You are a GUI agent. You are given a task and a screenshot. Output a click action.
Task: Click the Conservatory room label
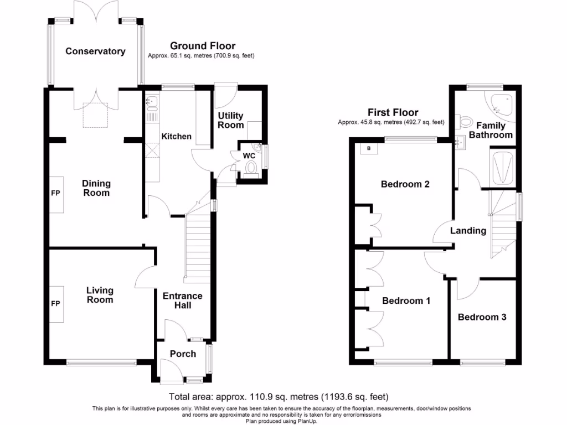tap(95, 51)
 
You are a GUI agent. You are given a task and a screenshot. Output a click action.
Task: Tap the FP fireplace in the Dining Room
tap(56, 194)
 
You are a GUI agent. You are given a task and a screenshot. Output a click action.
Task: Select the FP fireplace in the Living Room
tap(56, 304)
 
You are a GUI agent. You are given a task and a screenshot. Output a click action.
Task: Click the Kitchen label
tap(176, 136)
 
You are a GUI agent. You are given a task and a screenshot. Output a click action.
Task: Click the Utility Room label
tap(230, 120)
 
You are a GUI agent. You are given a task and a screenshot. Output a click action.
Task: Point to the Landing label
tap(468, 231)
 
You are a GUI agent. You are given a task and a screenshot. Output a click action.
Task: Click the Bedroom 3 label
tap(482, 317)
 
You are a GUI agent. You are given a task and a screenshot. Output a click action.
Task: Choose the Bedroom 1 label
tap(406, 300)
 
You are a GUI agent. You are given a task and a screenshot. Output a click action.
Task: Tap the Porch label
tap(183, 354)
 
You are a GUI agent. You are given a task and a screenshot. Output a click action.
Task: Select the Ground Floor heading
tap(202, 46)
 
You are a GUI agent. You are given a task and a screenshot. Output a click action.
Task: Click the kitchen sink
tap(152, 103)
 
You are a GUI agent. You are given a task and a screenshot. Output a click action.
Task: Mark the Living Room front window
tap(101, 363)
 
